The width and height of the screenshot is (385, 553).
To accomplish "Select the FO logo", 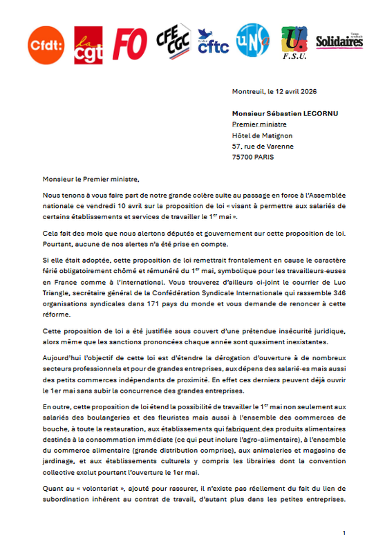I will click(x=130, y=44).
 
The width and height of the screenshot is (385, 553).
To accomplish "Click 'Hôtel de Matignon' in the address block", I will click(x=263, y=135).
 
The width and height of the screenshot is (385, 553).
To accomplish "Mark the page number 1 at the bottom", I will click(x=344, y=533).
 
